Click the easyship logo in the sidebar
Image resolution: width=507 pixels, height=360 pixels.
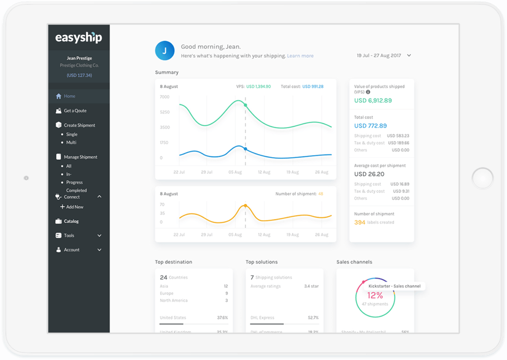[x=79, y=37]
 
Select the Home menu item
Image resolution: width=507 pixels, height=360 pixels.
[x=69, y=96]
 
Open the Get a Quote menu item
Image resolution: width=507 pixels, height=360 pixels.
[x=75, y=111]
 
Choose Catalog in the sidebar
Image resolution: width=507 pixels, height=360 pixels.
[x=71, y=221]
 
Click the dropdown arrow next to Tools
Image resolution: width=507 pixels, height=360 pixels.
[x=100, y=236]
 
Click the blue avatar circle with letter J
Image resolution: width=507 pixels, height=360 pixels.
[x=165, y=51]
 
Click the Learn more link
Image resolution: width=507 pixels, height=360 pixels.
[x=300, y=56]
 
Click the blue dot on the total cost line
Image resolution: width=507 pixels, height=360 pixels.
[x=245, y=149]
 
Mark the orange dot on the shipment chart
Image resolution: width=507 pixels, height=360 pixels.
[x=245, y=205]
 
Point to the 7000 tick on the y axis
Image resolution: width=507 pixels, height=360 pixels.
[x=165, y=97]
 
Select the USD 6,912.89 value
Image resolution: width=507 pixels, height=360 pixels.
[x=373, y=101]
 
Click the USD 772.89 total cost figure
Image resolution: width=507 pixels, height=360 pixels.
[x=371, y=126]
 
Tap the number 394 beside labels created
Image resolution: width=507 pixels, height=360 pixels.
[x=360, y=222]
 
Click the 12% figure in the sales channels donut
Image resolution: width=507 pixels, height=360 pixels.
[x=375, y=295]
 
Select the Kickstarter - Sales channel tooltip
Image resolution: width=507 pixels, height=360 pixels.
[x=394, y=286]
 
